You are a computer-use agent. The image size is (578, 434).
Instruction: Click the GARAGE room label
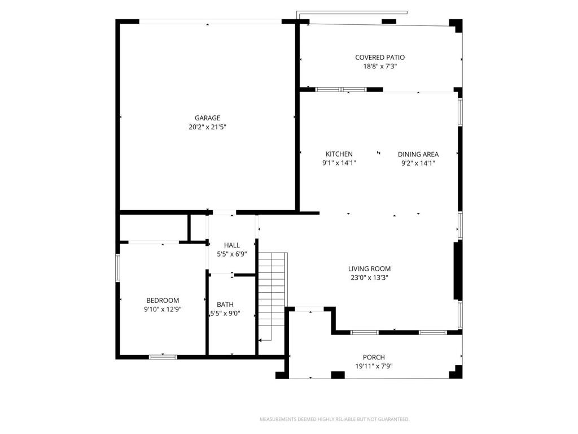tap(207, 118)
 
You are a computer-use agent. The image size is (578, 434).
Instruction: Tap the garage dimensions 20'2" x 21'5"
tap(207, 127)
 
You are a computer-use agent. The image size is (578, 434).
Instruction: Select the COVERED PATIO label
tap(380, 57)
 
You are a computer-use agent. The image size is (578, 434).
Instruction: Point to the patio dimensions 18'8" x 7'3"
tap(380, 66)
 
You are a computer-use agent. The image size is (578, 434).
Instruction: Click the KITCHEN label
tap(339, 154)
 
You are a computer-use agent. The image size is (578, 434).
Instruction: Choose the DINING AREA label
tap(418, 154)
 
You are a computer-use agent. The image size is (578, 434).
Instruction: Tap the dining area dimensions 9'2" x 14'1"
tap(418, 163)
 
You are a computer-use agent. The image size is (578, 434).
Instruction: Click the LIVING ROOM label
tap(369, 269)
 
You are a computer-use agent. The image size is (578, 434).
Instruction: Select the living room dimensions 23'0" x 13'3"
tap(369, 278)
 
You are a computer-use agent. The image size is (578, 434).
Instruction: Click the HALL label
tap(232, 245)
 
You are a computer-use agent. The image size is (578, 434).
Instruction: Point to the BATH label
tap(225, 305)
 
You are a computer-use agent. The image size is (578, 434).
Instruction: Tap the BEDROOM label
tap(163, 301)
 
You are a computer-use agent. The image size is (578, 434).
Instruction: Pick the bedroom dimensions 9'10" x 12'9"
tap(163, 310)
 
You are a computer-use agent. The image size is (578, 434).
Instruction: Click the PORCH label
tap(374, 357)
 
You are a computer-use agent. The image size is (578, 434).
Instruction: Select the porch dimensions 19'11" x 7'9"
tap(374, 366)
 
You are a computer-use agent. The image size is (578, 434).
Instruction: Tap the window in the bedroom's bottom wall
tap(163, 357)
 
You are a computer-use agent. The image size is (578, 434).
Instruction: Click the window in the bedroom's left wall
tap(118, 268)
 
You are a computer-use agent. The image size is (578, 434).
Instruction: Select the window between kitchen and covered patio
tap(340, 89)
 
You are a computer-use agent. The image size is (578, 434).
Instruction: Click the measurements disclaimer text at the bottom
tap(334, 419)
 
